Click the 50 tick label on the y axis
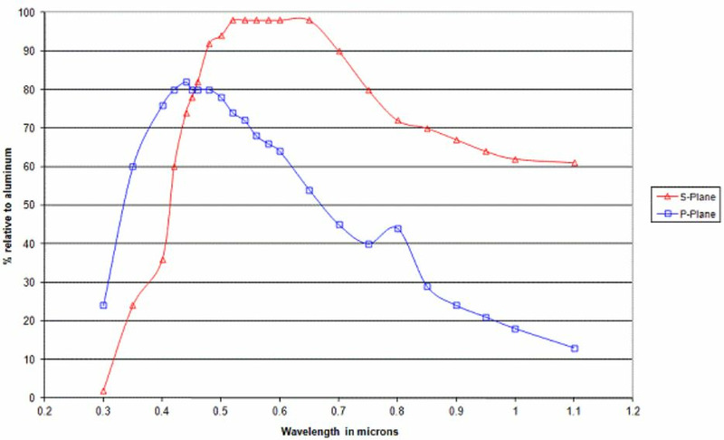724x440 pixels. [34, 206]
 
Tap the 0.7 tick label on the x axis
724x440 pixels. [338, 410]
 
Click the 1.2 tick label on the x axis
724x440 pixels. [633, 410]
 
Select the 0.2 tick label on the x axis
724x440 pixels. [44, 410]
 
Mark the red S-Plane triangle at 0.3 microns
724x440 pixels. [103, 391]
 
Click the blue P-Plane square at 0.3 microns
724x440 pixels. [103, 305]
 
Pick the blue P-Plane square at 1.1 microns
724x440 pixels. [575, 349]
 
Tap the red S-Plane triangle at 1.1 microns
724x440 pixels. [575, 163]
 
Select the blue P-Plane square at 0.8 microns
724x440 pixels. [398, 228]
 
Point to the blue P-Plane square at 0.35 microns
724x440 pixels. [133, 167]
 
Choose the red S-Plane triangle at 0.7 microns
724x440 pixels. [339, 52]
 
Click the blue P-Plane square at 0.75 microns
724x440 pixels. [368, 244]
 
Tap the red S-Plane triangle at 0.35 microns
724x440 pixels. [133, 305]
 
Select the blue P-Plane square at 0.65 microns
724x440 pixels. [310, 190]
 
